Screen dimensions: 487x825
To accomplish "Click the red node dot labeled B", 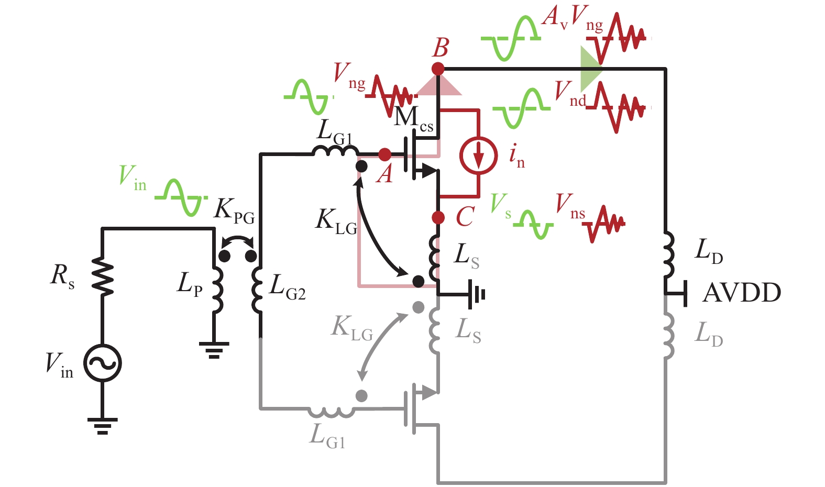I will pyautogui.click(x=438, y=69).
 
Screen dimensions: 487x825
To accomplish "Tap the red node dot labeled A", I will pyautogui.click(x=384, y=154).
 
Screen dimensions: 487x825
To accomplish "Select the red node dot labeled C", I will pyautogui.click(x=438, y=217).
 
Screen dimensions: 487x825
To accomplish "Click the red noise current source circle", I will pyautogui.click(x=478, y=156).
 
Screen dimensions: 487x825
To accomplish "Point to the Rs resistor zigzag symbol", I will pyautogui.click(x=103, y=276).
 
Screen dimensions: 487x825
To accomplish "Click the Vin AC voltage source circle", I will pyautogui.click(x=103, y=363).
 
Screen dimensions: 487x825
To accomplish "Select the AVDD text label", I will pyautogui.click(x=741, y=293).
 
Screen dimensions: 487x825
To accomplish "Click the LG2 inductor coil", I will pyautogui.click(x=258, y=290).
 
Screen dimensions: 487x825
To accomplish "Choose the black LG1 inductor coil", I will pyautogui.click(x=335, y=152).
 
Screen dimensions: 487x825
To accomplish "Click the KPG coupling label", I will pyautogui.click(x=234, y=211).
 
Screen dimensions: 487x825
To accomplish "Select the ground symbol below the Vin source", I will pyautogui.click(x=103, y=425).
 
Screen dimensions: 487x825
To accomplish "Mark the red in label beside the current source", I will pyautogui.click(x=516, y=156).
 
